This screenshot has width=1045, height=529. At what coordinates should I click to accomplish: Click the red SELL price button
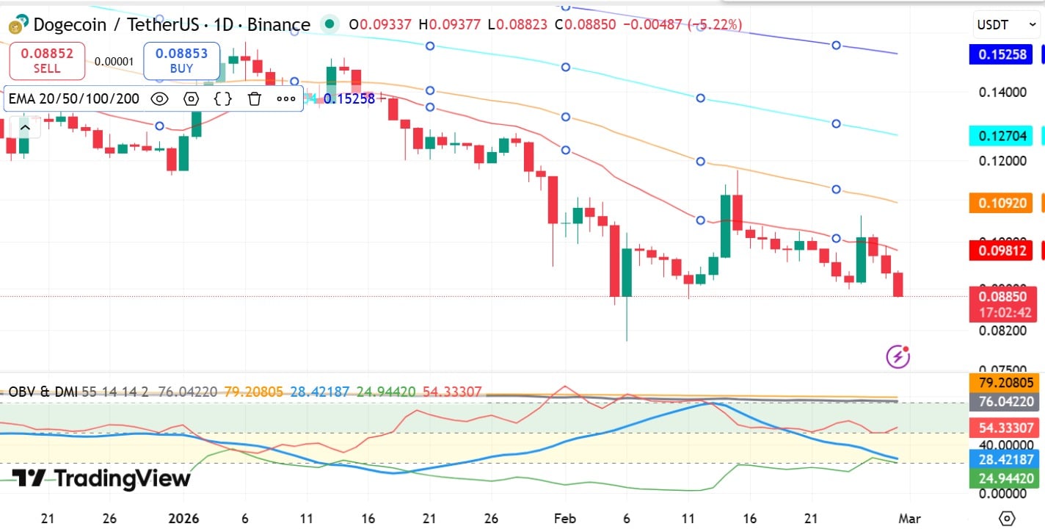click(x=47, y=61)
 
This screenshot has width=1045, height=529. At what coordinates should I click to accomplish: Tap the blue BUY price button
click(x=181, y=61)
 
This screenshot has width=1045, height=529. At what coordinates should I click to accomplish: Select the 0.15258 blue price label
click(x=1000, y=54)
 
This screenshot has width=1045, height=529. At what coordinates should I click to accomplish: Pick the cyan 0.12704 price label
click(x=1000, y=135)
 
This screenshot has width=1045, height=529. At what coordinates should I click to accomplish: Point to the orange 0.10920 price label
click(x=1000, y=203)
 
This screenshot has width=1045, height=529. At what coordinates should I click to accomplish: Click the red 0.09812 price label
click(x=1000, y=251)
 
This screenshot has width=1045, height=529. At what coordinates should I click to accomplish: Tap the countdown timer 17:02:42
click(x=1005, y=313)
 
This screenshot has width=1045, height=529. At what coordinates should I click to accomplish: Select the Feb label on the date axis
click(x=564, y=518)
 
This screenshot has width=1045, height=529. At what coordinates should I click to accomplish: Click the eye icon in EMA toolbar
click(x=159, y=98)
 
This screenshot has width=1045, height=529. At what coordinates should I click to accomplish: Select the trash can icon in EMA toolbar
click(x=254, y=98)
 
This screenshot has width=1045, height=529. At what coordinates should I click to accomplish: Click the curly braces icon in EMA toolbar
click(x=223, y=98)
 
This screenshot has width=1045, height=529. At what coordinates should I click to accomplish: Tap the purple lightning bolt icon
click(x=898, y=357)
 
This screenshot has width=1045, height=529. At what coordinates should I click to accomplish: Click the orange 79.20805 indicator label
click(x=1005, y=383)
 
